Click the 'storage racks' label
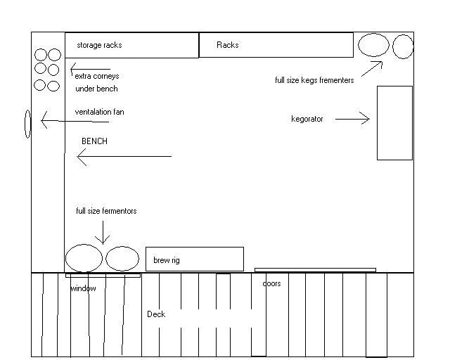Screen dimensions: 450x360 99,45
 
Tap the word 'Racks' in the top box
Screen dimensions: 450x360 228,45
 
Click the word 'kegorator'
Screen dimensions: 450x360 307,119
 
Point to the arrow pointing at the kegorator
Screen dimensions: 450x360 352,119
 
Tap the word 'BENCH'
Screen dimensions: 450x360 94,141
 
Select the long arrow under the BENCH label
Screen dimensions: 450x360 124,157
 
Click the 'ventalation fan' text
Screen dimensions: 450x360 99,112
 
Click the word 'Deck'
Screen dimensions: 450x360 156,314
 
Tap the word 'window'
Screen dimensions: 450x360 83,288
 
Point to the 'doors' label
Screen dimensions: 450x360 271,283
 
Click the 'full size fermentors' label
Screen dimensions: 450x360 106,211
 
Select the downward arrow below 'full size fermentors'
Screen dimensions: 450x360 103,233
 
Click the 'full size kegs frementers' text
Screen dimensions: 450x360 314,80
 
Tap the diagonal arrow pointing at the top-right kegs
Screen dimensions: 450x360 372,69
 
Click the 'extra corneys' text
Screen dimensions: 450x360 97,76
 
